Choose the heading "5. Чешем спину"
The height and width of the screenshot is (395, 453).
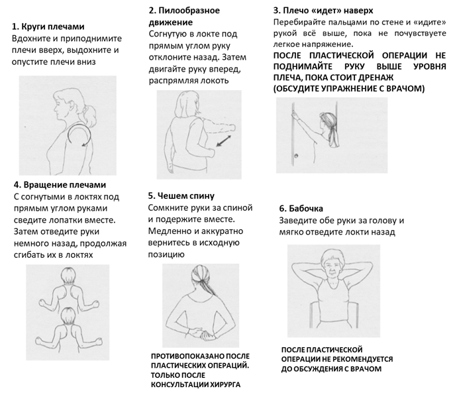(x=184, y=196)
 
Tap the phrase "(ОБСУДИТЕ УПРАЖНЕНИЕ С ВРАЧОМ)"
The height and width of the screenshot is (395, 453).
(x=348, y=88)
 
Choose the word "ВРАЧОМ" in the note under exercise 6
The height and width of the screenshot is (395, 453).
(x=367, y=368)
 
